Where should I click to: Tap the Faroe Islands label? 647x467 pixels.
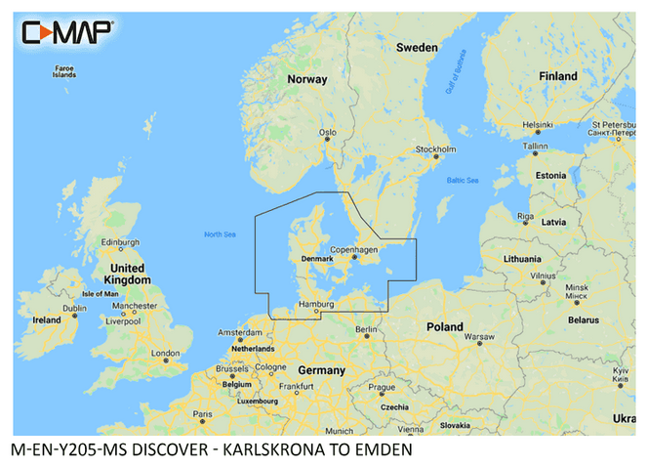(64, 71)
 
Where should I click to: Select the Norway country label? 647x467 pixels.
(306, 79)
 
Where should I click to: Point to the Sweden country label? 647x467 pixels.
(417, 47)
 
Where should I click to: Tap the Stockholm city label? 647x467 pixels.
(436, 149)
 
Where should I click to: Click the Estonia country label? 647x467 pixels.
(550, 175)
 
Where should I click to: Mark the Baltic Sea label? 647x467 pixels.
(463, 181)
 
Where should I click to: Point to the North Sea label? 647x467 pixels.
(221, 233)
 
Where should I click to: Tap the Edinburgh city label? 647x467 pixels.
(122, 242)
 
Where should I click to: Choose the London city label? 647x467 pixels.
(165, 353)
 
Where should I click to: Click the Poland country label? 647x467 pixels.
(445, 326)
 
